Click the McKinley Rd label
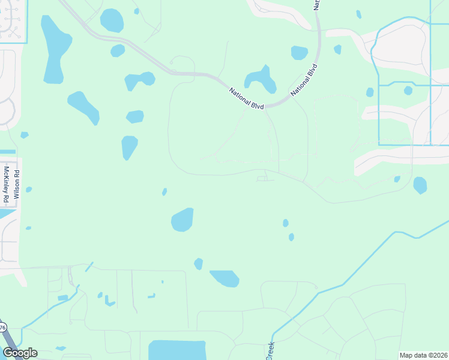tap(7, 184)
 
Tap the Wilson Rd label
tap(17, 184)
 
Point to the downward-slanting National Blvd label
tap(246, 98)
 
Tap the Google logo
tap(20, 353)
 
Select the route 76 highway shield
tap(2, 328)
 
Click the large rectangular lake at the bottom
tap(177, 350)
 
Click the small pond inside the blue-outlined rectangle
tap(408, 91)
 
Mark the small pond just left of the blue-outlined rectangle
tap(370, 92)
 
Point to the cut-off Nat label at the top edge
tap(317, 4)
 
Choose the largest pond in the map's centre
tap(182, 220)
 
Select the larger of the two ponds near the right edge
tap(420, 185)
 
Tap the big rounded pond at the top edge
tap(112, 20)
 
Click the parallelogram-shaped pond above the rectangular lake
tap(224, 278)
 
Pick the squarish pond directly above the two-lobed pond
tap(299, 53)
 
